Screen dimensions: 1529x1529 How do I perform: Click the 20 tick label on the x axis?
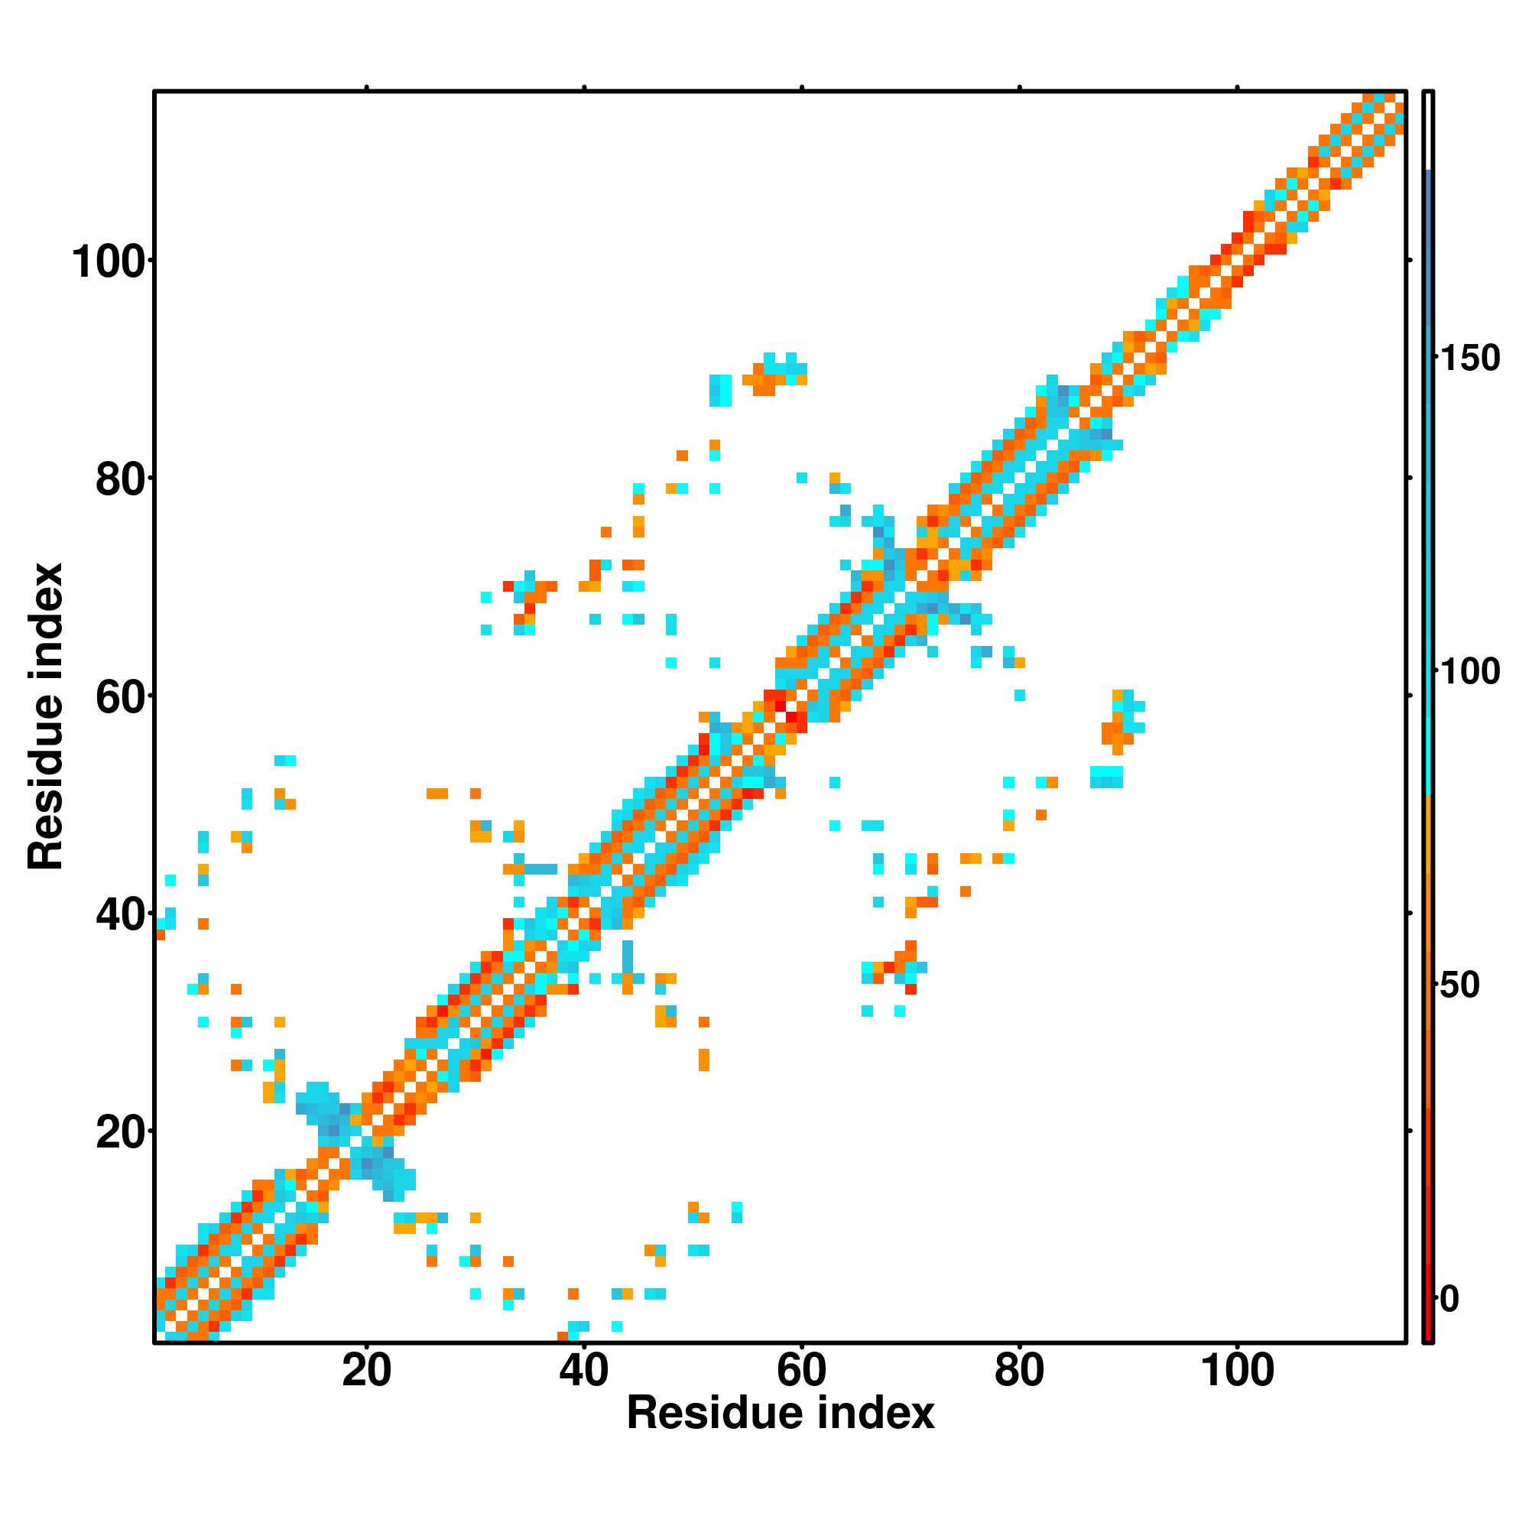coord(366,1370)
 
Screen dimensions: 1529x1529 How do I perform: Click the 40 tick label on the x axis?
coord(584,1370)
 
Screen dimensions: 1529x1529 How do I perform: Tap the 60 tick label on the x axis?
coord(802,1370)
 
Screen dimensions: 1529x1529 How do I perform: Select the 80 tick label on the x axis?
coord(1019,1370)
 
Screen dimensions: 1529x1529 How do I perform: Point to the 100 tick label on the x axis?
coord(1238,1370)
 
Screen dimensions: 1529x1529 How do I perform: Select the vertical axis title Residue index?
coord(46,716)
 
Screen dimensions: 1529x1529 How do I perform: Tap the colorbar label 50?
coord(1459,985)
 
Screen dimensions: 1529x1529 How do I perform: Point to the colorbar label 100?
coord(1469,672)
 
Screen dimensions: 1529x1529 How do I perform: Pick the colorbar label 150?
coord(1469,359)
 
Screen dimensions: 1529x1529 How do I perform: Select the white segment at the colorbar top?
coord(1429,131)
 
